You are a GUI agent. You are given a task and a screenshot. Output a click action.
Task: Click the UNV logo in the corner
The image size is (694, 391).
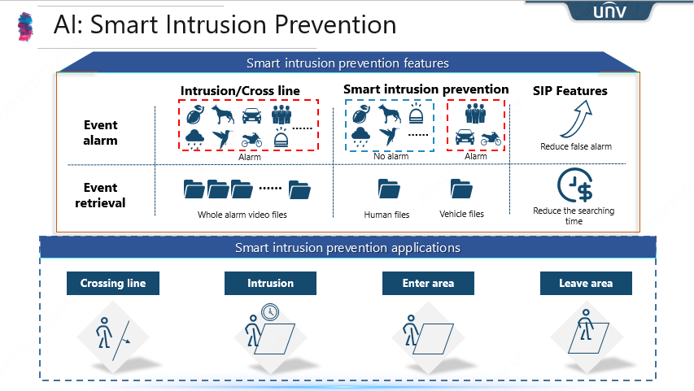[x=609, y=11]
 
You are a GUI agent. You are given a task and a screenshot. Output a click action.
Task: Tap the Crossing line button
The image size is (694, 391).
[x=113, y=283]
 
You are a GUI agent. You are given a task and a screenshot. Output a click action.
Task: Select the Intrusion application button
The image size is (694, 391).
[x=270, y=283]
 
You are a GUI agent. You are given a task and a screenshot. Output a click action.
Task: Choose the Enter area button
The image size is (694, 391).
[x=428, y=283]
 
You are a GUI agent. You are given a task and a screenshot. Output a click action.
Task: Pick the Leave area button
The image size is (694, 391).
[x=586, y=283]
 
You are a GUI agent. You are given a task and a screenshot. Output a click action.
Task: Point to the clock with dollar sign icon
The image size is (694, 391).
[x=575, y=185]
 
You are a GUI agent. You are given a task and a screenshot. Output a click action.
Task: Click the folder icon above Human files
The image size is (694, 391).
[x=389, y=189]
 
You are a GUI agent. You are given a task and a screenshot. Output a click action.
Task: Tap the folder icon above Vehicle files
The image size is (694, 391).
[x=461, y=189]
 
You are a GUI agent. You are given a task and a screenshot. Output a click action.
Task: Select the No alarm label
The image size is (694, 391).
[x=391, y=156]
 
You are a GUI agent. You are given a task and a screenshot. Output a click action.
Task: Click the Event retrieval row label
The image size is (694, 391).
[x=100, y=195]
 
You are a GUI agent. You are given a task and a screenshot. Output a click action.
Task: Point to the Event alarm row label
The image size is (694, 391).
[x=100, y=133]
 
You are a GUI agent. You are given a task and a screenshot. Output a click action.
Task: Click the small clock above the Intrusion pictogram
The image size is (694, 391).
[x=270, y=312]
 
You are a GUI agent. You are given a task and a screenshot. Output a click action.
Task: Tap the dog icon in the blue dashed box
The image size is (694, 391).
[x=390, y=113]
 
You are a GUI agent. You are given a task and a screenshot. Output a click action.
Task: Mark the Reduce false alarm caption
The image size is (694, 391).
[x=576, y=146]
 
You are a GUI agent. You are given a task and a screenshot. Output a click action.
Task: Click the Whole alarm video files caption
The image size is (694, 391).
[x=242, y=215]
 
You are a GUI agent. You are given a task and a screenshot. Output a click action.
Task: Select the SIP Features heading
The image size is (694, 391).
[x=570, y=91]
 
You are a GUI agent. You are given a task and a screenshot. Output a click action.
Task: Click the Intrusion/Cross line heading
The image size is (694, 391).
[x=240, y=91]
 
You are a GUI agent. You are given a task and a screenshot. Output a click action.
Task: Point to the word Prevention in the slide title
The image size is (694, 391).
[x=335, y=24]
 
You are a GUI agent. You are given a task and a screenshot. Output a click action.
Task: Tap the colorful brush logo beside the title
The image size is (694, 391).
[x=25, y=27]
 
